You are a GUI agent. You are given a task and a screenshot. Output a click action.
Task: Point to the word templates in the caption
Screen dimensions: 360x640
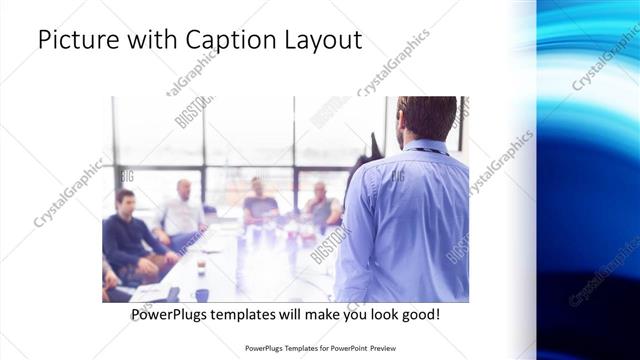tap(253, 315)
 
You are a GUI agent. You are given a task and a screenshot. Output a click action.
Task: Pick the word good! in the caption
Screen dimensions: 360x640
tap(418, 315)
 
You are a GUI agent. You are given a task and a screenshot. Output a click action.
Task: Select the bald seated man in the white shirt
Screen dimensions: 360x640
tap(182, 212)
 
